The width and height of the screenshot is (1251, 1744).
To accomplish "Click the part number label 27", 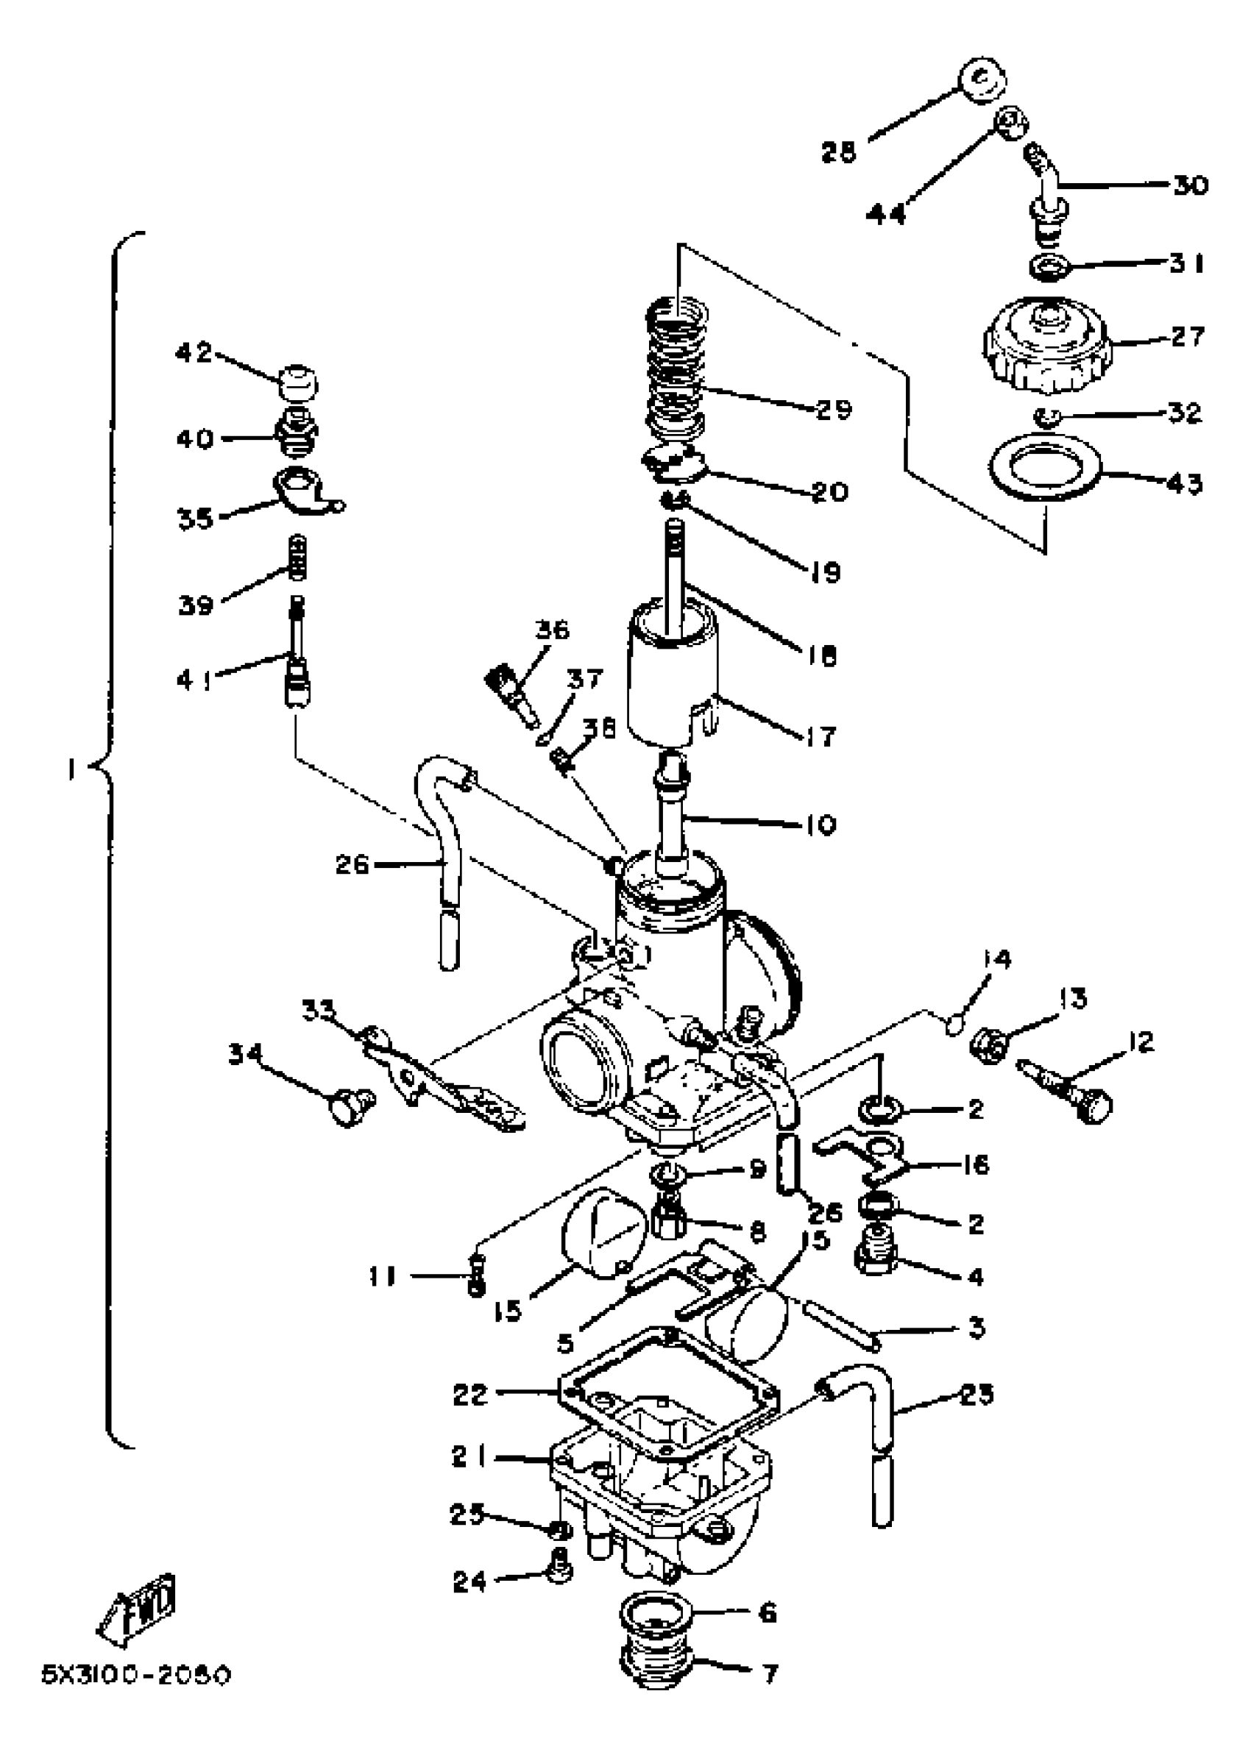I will pos(1187,336).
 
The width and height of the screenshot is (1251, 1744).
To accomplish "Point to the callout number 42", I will pos(193,353).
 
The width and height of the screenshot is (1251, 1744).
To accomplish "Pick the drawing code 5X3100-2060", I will pos(136,1675).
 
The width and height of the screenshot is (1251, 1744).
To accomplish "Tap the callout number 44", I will pos(885,214).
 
